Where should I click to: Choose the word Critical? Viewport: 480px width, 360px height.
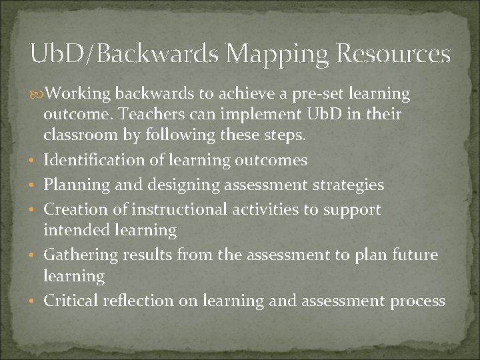click(x=71, y=301)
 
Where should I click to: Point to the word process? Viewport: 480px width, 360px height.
click(x=418, y=301)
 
